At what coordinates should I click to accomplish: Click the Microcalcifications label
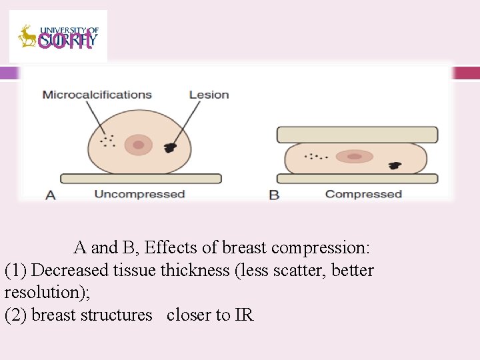pyautogui.click(x=97, y=95)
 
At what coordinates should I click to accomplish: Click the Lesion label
pyautogui.click(x=209, y=95)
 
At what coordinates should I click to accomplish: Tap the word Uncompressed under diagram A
pyautogui.click(x=139, y=195)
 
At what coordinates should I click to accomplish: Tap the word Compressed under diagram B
pyautogui.click(x=363, y=195)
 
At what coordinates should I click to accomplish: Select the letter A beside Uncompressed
pyautogui.click(x=51, y=195)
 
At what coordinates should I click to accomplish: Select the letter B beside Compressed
pyautogui.click(x=274, y=195)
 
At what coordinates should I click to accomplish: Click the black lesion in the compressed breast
pyautogui.click(x=396, y=164)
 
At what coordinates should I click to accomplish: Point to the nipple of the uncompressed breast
pyautogui.click(x=138, y=145)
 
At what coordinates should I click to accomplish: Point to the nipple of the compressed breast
pyautogui.click(x=355, y=157)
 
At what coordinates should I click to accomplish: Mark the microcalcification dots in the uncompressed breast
pyautogui.click(x=107, y=141)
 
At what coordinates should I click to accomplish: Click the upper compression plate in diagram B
pyautogui.click(x=357, y=135)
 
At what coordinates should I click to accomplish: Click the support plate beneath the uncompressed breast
pyautogui.click(x=141, y=179)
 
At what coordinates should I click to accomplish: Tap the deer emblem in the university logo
pyautogui.click(x=27, y=37)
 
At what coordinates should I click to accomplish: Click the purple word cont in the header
pyautogui.click(x=65, y=40)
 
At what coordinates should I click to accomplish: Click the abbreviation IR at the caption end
pyautogui.click(x=244, y=315)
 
